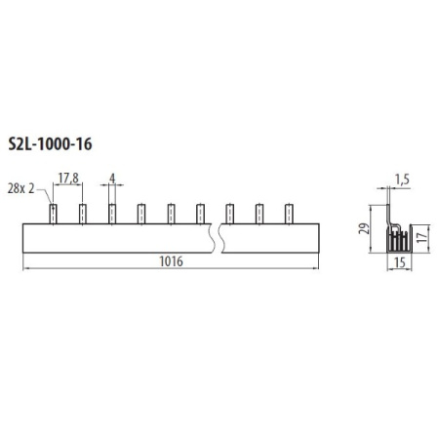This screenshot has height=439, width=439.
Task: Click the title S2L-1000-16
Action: pyautogui.click(x=50, y=144)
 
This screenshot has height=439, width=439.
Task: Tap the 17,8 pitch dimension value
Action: pyautogui.click(x=68, y=179)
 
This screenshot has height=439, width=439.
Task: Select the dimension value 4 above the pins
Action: pyautogui.click(x=112, y=179)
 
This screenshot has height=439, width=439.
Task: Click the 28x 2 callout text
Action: pyautogui.click(x=20, y=188)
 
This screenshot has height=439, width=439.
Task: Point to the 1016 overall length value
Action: pyautogui.click(x=171, y=261)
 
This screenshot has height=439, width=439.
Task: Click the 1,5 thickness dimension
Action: pyautogui.click(x=402, y=180)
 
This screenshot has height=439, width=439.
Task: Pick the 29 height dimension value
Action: pyautogui.click(x=365, y=228)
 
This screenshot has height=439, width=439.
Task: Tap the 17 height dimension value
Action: pyautogui.click(x=421, y=237)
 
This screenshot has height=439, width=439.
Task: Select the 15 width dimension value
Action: pyautogui.click(x=400, y=262)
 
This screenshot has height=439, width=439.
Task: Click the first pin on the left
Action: pyautogui.click(x=53, y=214)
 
